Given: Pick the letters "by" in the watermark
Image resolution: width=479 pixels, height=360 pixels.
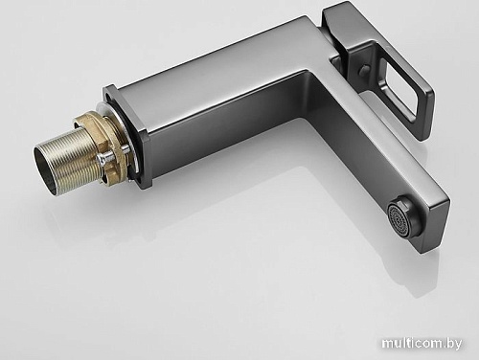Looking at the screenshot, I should click(458, 343).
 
